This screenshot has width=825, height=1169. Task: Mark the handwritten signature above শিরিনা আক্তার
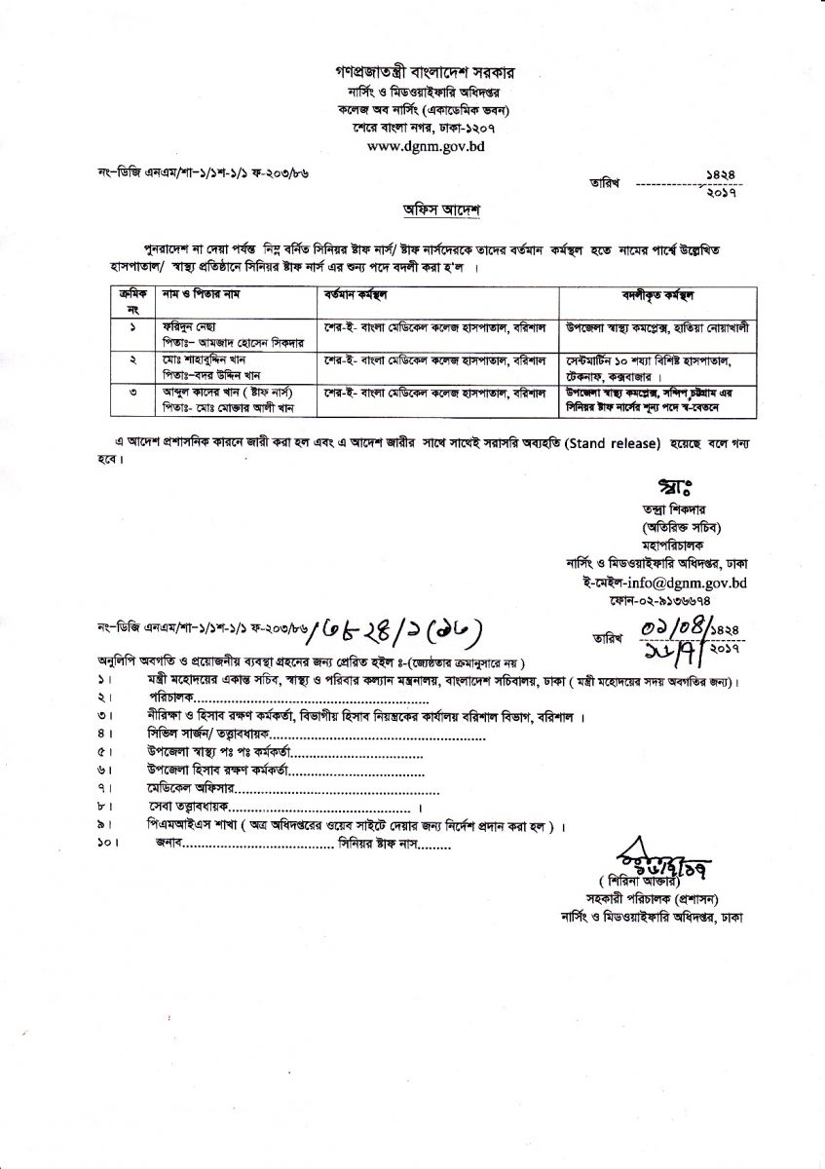[647, 853]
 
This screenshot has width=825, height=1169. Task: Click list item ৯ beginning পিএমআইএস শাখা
[346, 825]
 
